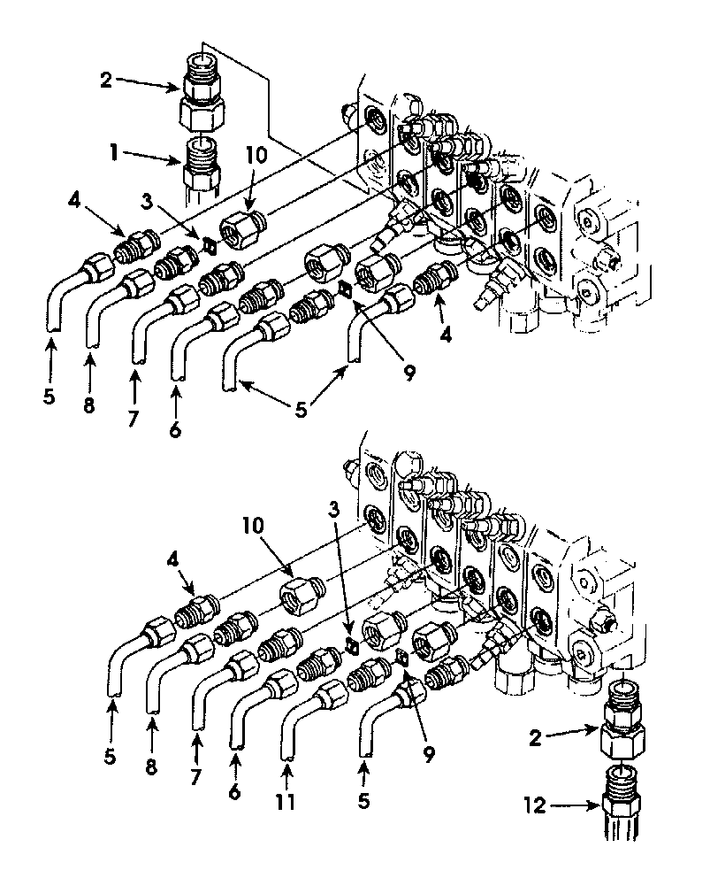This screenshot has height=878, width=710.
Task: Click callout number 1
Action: pos(114,152)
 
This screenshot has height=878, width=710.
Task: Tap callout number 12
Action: pos(536,805)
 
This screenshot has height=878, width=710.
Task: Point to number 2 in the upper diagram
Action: pos(106,80)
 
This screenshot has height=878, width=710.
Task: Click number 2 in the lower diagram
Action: pos(536,738)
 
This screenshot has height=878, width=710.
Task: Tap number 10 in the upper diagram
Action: pos(256,155)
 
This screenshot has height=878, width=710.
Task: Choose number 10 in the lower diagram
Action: pos(254,525)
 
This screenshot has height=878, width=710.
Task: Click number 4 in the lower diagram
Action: pos(173,560)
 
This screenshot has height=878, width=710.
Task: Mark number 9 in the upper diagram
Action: pos(409,373)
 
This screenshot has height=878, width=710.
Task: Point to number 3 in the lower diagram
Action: pos(334,509)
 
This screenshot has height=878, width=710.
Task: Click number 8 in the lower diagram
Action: pos(151,766)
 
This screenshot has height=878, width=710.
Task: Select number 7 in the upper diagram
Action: pos(133,418)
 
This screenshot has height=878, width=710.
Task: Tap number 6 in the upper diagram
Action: pos(176,429)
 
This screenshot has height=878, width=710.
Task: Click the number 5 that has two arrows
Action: pos(302,410)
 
